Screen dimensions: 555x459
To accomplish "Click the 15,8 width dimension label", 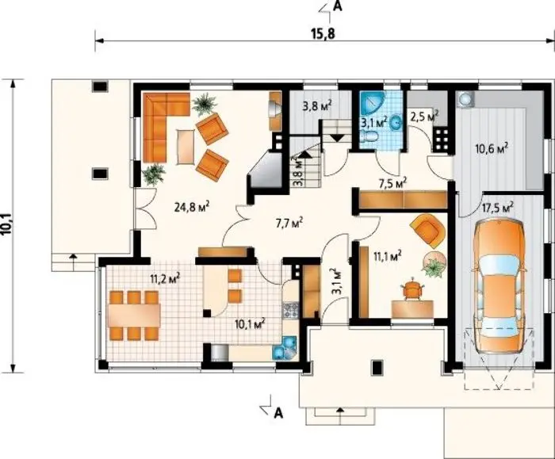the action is click(323, 34).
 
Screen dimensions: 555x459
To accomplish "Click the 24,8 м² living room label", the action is click(192, 206).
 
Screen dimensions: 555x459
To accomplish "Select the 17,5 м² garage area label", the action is click(497, 207).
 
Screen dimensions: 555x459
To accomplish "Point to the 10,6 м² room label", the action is click(492, 147).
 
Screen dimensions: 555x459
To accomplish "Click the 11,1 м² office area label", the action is click(387, 255).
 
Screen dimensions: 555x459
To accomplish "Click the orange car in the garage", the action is click(499, 286).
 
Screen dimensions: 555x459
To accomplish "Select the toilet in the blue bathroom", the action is click(369, 136).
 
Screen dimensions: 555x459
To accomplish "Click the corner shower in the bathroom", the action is click(371, 102).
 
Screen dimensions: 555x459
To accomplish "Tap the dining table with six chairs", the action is click(134, 316).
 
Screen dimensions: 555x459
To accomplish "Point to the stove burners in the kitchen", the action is click(291, 310).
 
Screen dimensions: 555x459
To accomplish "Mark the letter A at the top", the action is click(338, 7).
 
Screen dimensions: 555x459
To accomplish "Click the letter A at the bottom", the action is click(279, 412).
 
